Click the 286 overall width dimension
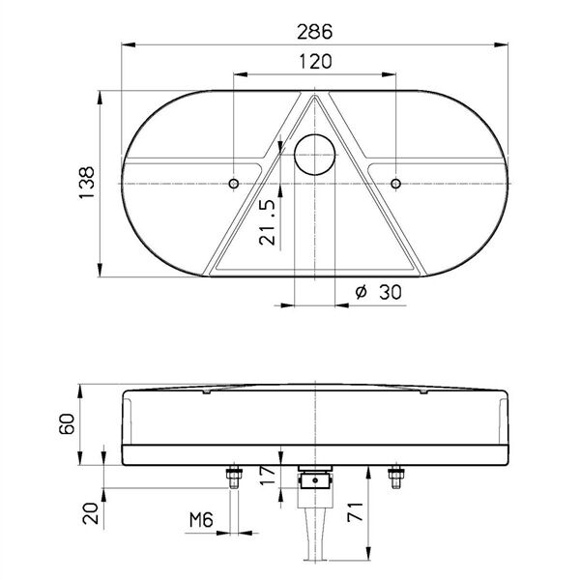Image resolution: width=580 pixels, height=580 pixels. coord(315,32)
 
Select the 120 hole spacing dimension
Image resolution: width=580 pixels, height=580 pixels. coord(315,62)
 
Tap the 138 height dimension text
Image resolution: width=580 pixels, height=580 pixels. coord(87,183)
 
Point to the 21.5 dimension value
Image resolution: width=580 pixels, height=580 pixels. coord(268,222)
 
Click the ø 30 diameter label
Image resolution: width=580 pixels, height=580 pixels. coord(378,293)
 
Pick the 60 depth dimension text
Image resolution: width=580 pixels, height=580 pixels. coord(67,424)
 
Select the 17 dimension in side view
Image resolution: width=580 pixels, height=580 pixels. coord(268,476)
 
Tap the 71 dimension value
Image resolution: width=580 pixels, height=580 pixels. coord(356,511)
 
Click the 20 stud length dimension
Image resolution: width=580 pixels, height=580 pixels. coord(91,513)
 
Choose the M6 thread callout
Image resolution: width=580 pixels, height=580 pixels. coord(201,520)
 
